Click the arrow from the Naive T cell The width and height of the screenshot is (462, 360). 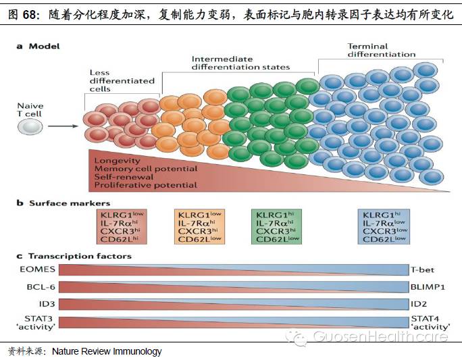click(x=65, y=126)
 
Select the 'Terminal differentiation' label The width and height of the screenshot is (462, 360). click(x=382, y=51)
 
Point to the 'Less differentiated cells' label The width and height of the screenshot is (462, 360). click(x=122, y=81)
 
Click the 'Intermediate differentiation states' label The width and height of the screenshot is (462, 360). click(x=240, y=63)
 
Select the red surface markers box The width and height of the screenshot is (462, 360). click(x=122, y=226)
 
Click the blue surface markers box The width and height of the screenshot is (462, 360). click(x=386, y=226)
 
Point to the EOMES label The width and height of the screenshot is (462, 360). click(x=36, y=269)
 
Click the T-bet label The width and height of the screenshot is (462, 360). click(x=423, y=269)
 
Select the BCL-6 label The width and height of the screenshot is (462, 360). click(x=40, y=286)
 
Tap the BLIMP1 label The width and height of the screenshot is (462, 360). click(x=427, y=286)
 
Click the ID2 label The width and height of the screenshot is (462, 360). click(x=420, y=303)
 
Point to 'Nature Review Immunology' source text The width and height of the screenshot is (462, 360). click(x=107, y=352)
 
